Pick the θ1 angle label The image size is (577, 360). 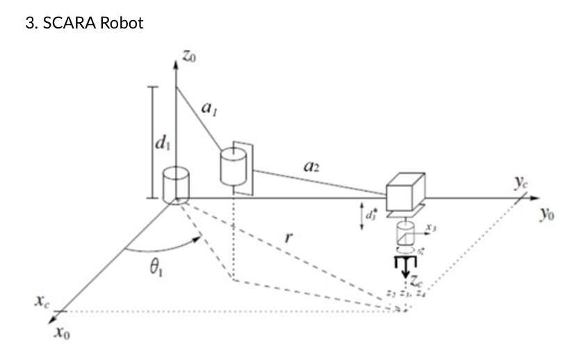point(149,270)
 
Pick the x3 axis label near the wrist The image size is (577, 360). point(431,227)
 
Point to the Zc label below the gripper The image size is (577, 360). point(415,282)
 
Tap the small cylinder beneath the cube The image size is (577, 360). point(405,231)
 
